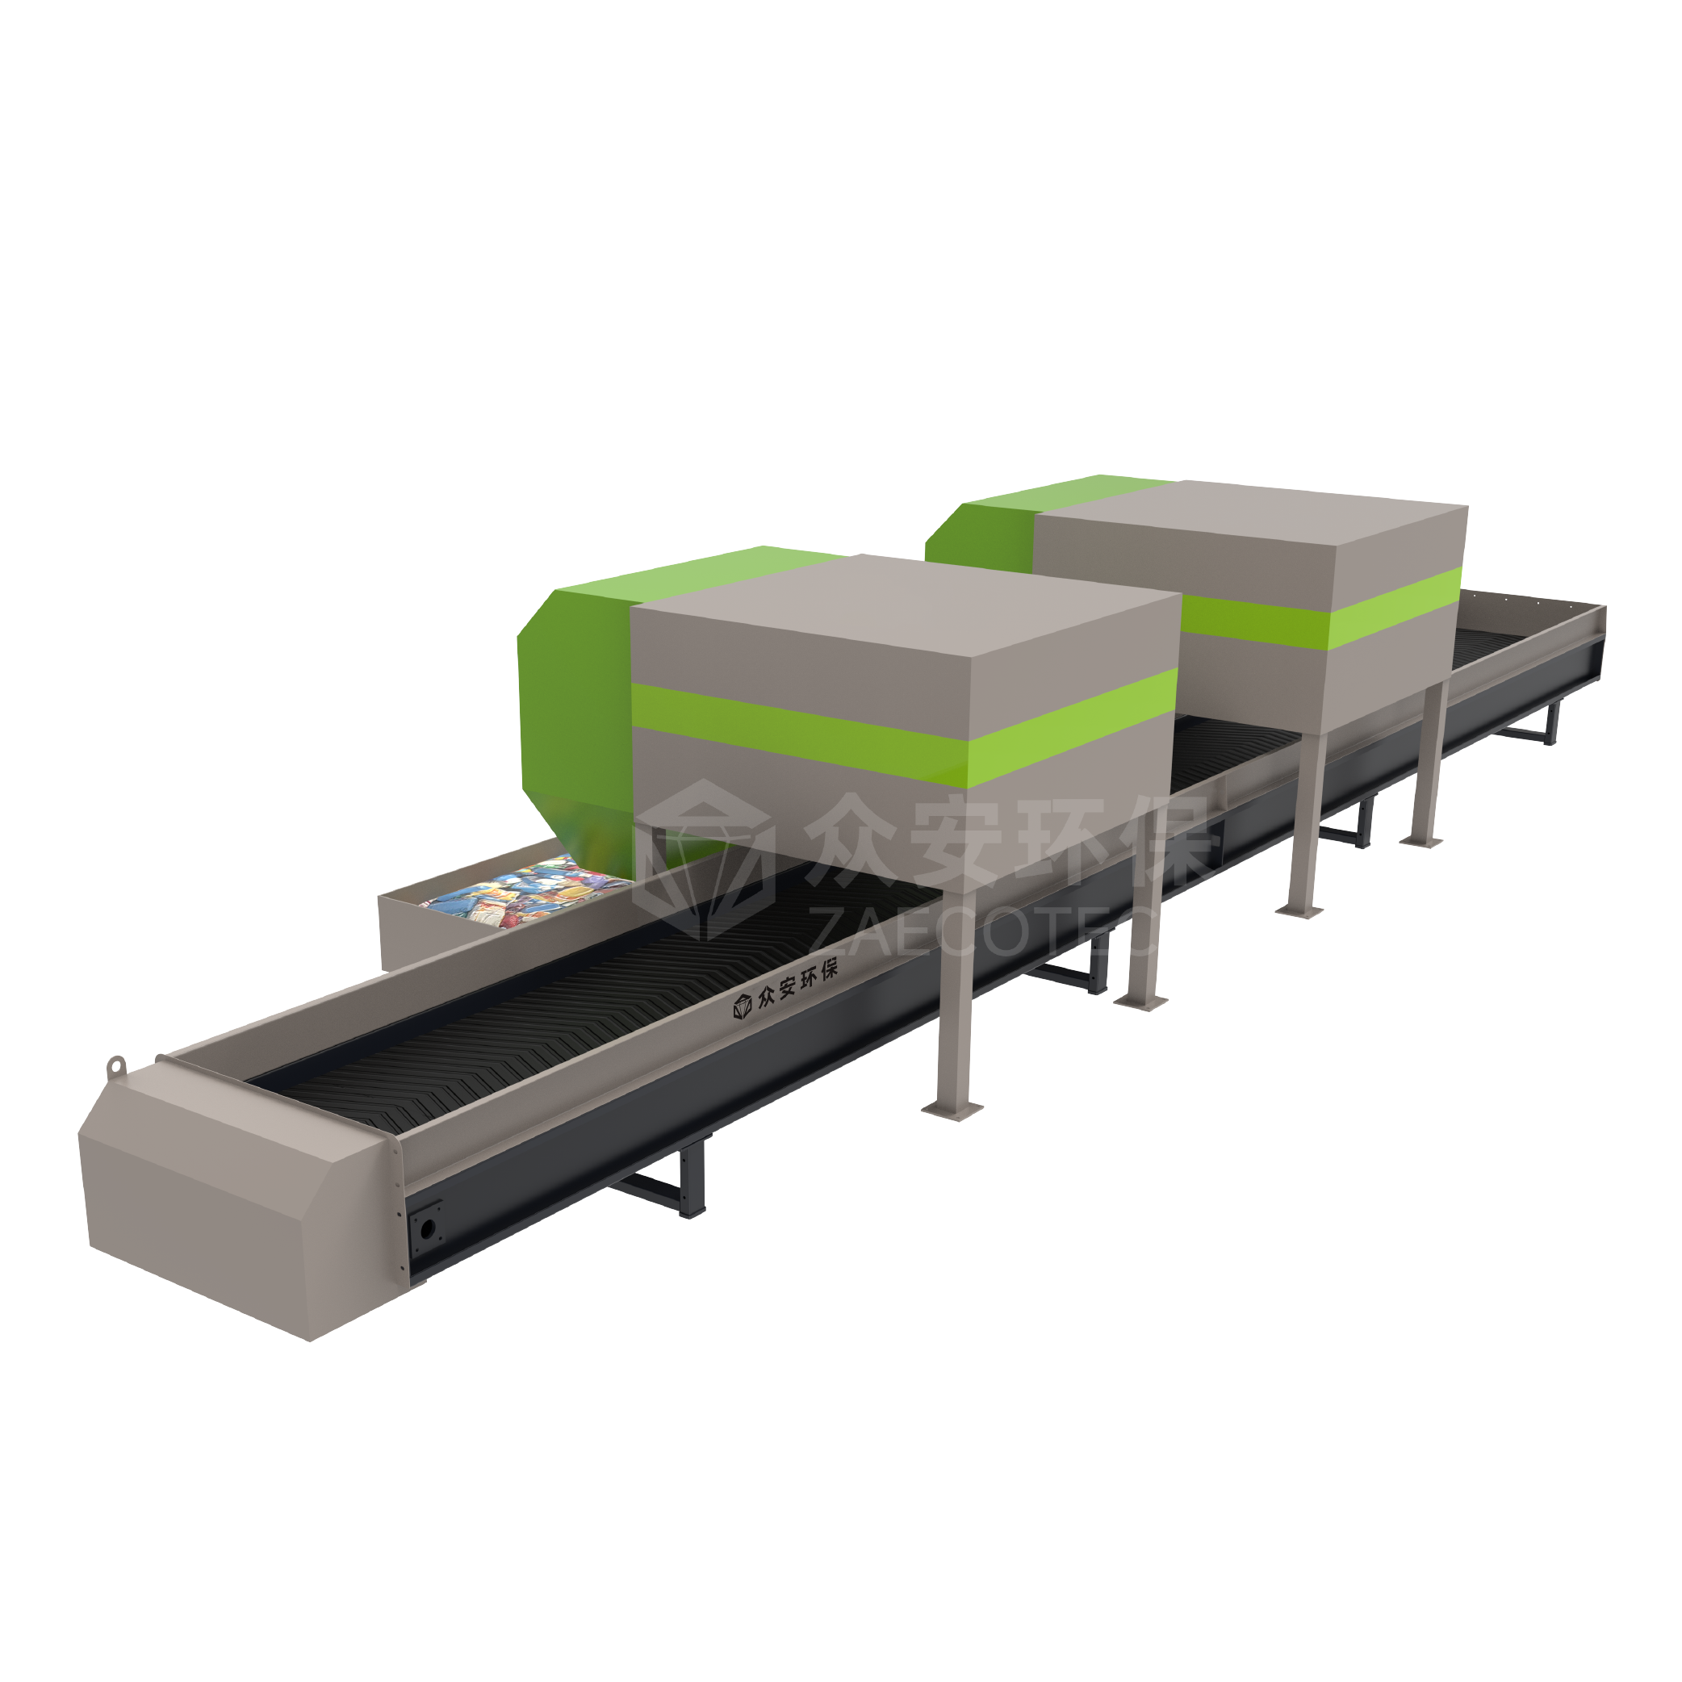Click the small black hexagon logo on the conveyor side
pyautogui.click(x=742, y=1006)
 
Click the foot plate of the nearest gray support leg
pyautogui.click(x=953, y=1109)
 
